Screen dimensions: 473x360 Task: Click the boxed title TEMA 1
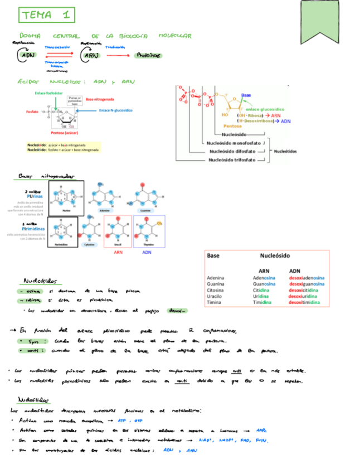coord(46,15)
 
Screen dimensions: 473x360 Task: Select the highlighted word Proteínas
coord(148,55)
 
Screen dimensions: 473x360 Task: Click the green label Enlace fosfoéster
coord(49,93)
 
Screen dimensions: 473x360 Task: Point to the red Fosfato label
coord(32,112)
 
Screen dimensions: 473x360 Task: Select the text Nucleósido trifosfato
coord(232,160)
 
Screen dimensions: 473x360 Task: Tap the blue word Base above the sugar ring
coord(246,95)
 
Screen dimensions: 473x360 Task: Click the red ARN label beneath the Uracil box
coord(118,252)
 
